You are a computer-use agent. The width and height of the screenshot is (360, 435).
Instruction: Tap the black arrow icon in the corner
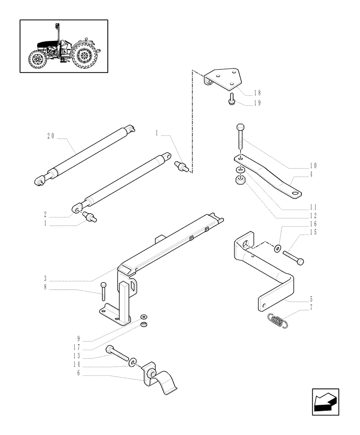point(325,402)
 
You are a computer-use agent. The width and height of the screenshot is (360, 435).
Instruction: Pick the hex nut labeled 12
point(240,180)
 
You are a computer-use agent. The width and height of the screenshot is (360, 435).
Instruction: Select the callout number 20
point(50,136)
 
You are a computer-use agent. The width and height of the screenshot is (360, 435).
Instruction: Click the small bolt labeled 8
point(103,291)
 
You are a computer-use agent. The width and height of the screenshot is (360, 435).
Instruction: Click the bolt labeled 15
point(293,257)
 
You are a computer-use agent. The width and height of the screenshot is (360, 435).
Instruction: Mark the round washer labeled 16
point(277,248)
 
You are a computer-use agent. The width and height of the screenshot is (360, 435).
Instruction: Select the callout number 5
point(311,299)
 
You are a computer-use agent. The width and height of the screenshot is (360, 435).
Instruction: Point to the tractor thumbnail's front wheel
point(36,60)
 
